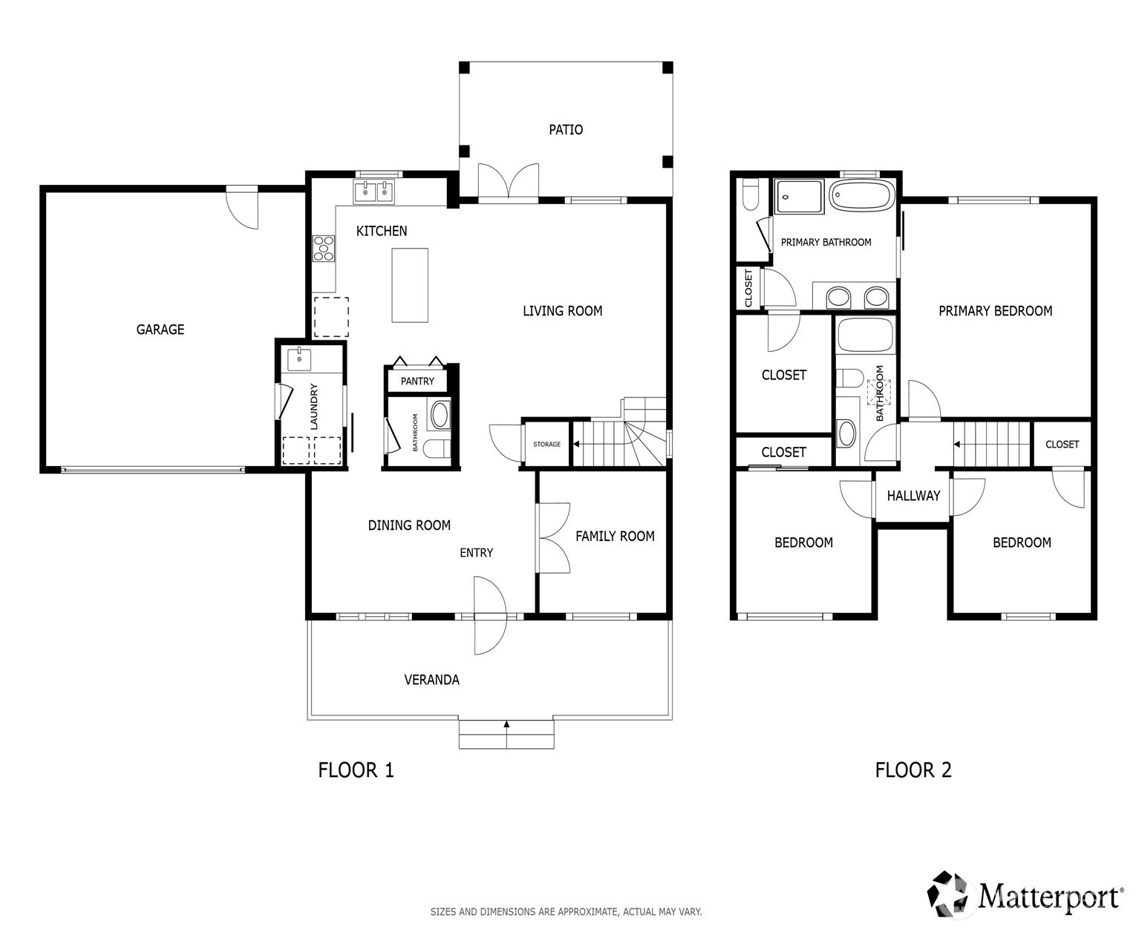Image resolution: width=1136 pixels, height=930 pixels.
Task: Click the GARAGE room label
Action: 160,329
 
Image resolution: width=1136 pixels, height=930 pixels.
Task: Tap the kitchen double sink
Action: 373,191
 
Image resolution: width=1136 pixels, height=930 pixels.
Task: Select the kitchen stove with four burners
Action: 324,249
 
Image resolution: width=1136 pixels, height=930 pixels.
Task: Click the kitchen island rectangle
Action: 409,285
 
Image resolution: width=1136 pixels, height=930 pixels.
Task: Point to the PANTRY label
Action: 417,382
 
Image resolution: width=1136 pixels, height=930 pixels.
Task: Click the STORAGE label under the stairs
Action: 546,445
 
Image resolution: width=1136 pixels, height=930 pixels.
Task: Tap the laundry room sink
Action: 299,359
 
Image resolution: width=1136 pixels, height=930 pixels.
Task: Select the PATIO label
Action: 566,129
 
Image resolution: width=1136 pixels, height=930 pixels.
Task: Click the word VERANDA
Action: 431,680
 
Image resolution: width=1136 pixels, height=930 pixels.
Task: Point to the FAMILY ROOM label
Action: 615,536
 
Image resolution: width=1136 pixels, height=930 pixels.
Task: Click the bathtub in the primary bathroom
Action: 862,195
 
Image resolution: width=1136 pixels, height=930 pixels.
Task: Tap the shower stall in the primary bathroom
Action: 799,197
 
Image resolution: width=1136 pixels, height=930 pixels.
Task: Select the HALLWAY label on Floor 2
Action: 913,495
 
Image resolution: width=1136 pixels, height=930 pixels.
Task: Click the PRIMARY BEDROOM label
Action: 995,311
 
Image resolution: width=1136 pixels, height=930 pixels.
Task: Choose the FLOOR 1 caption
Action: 356,770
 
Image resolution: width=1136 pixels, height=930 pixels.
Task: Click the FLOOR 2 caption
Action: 913,770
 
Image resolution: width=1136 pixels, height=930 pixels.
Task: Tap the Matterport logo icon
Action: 950,894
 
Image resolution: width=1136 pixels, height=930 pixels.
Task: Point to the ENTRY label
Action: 476,552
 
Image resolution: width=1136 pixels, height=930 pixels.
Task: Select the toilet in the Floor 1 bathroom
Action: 437,448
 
